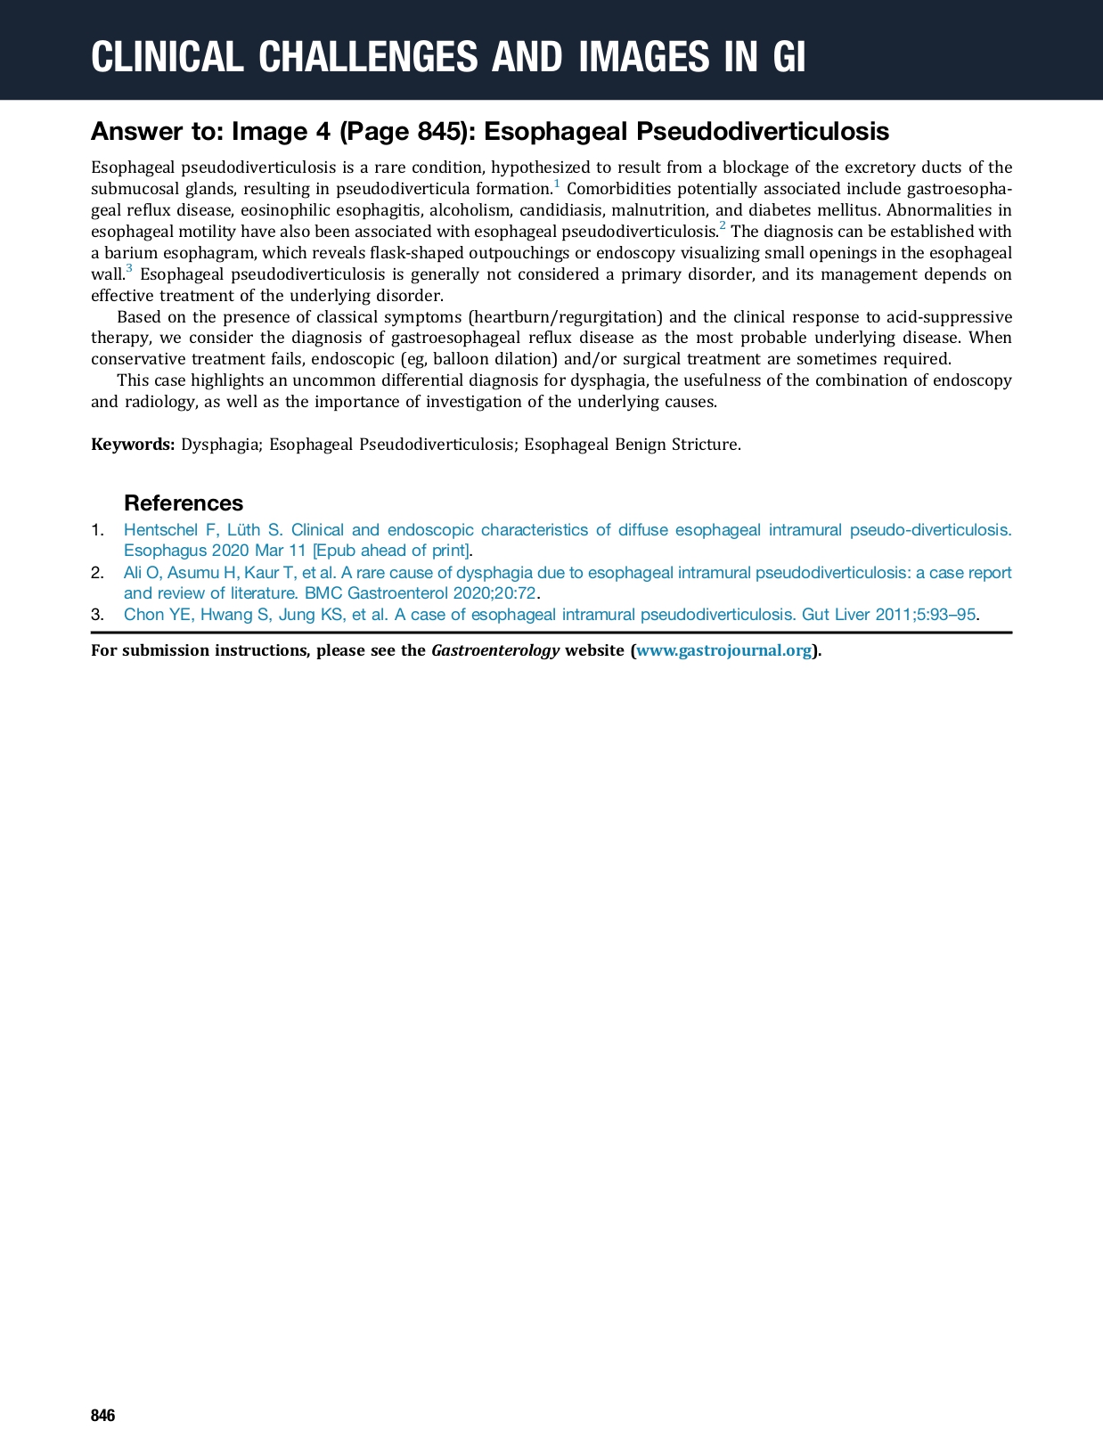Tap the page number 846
click(103, 1416)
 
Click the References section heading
click(184, 502)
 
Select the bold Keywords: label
click(133, 445)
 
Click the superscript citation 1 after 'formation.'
click(557, 184)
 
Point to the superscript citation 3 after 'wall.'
click(129, 269)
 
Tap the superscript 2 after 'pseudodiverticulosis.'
click(723, 226)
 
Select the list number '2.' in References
click(98, 573)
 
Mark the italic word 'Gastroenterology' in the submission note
click(495, 650)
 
